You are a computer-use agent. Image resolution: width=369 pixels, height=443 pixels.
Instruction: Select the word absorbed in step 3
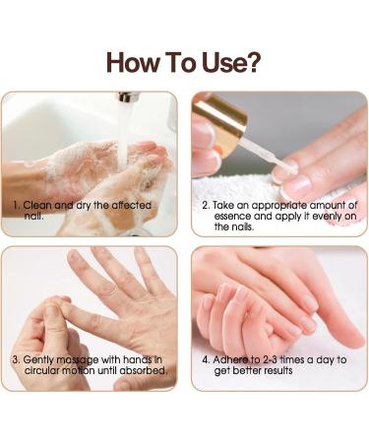pyautogui.click(x=146, y=370)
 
